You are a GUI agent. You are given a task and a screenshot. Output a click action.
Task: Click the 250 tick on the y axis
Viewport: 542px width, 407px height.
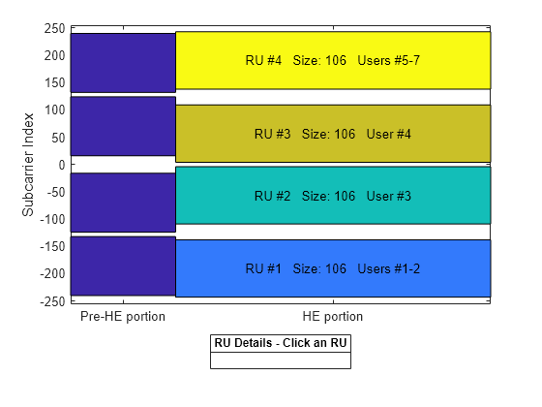(52, 28)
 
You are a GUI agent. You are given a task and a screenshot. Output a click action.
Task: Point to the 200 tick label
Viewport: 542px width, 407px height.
(52, 55)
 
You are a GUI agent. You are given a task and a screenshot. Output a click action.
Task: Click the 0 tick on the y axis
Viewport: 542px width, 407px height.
(59, 165)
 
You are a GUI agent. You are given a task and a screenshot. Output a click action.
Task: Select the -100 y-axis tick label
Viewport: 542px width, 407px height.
(49, 219)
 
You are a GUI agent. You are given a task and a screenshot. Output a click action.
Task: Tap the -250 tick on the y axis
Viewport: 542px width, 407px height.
(49, 301)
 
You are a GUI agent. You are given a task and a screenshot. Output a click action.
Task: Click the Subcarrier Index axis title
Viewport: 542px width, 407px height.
(29, 165)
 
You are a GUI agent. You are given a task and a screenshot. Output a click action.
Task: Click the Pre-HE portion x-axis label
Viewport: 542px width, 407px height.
(123, 317)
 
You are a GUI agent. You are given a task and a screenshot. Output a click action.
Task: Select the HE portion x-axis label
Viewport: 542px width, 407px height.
(332, 317)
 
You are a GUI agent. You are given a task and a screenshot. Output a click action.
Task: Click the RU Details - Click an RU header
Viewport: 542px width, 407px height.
(281, 344)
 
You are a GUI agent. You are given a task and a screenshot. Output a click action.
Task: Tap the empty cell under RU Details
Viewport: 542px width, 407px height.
(281, 360)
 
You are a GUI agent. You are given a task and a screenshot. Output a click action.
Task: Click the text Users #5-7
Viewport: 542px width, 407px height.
(388, 60)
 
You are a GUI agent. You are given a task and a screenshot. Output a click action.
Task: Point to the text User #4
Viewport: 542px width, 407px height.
(389, 134)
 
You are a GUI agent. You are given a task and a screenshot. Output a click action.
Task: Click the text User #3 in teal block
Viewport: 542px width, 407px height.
(389, 196)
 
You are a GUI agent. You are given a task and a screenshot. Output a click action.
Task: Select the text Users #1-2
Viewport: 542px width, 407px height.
(388, 268)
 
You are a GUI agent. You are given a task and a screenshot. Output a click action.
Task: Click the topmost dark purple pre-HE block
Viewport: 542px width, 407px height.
(123, 63)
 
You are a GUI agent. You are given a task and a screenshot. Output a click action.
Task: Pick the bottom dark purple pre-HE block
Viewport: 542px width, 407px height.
(123, 266)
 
